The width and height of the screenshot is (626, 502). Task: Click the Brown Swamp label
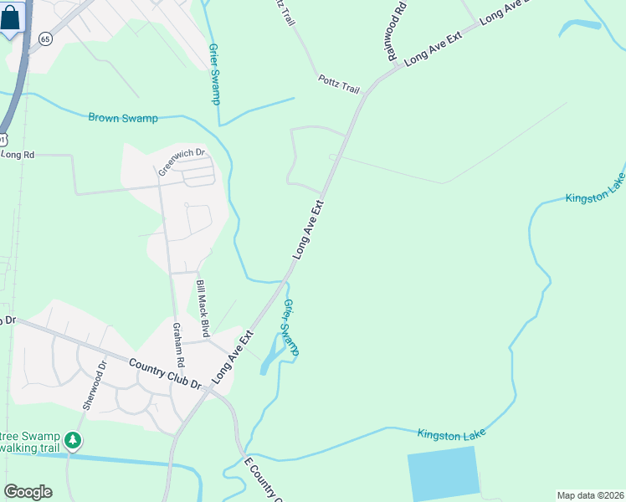(x=123, y=118)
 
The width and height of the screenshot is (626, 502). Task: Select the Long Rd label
(x=18, y=155)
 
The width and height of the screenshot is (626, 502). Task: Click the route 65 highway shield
(x=45, y=39)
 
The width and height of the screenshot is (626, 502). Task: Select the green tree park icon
(x=74, y=439)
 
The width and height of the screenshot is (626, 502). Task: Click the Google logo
(x=28, y=492)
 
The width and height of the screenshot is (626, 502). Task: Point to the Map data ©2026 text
(x=590, y=495)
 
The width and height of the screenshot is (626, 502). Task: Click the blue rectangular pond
(x=444, y=474)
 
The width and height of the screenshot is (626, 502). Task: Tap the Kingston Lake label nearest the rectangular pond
(x=451, y=433)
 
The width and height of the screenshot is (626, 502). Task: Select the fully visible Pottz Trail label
(x=338, y=83)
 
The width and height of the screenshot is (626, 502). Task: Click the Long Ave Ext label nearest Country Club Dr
(x=233, y=358)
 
